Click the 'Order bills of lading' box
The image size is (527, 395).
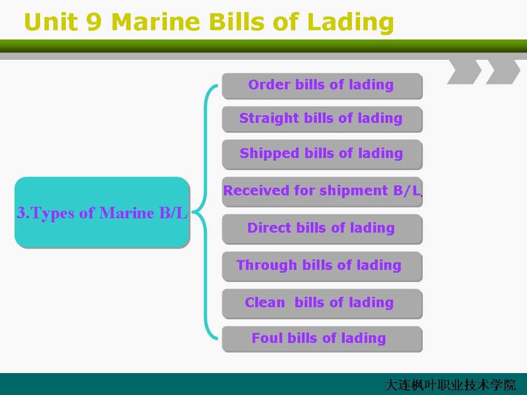pyautogui.click(x=322, y=86)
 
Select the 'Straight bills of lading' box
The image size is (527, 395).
pyautogui.click(x=322, y=119)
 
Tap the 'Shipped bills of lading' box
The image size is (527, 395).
pyautogui.click(x=322, y=155)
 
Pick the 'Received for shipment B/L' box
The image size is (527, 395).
pyautogui.click(x=322, y=192)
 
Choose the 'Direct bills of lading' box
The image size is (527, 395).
pyautogui.click(x=322, y=229)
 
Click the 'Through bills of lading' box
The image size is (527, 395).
pyautogui.click(x=322, y=267)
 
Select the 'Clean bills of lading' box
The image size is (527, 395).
pyautogui.click(x=322, y=303)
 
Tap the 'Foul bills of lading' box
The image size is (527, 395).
pyautogui.click(x=322, y=339)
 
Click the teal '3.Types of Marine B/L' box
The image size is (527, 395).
pyautogui.click(x=103, y=212)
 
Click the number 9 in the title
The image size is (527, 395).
pyautogui.click(x=94, y=22)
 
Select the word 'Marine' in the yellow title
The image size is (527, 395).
pyautogui.click(x=155, y=22)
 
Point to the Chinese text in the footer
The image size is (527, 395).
pyautogui.click(x=450, y=385)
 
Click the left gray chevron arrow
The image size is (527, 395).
pyautogui.click(x=466, y=72)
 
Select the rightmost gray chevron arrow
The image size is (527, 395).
pyautogui.click(x=504, y=72)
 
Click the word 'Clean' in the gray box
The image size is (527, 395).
pyautogui.click(x=265, y=302)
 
